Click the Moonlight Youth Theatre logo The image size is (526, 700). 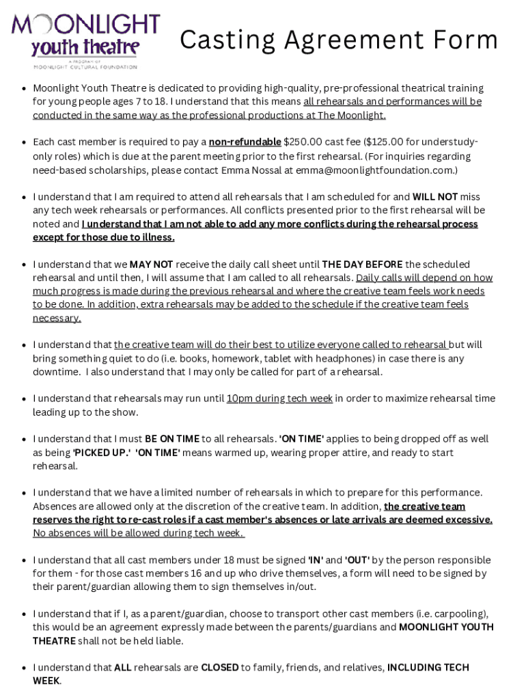pos(85,40)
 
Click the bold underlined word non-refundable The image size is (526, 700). pos(245,142)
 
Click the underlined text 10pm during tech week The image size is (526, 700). pos(279,399)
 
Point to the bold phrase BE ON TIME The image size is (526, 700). pos(171,439)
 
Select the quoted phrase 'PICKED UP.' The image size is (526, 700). pos(102,453)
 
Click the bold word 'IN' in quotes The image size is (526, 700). pos(316,560)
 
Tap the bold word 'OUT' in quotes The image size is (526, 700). pos(357,560)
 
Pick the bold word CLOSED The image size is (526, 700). pos(219,667)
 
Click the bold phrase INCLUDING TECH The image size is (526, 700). pos(428,667)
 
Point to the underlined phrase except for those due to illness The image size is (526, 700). pos(104,237)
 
